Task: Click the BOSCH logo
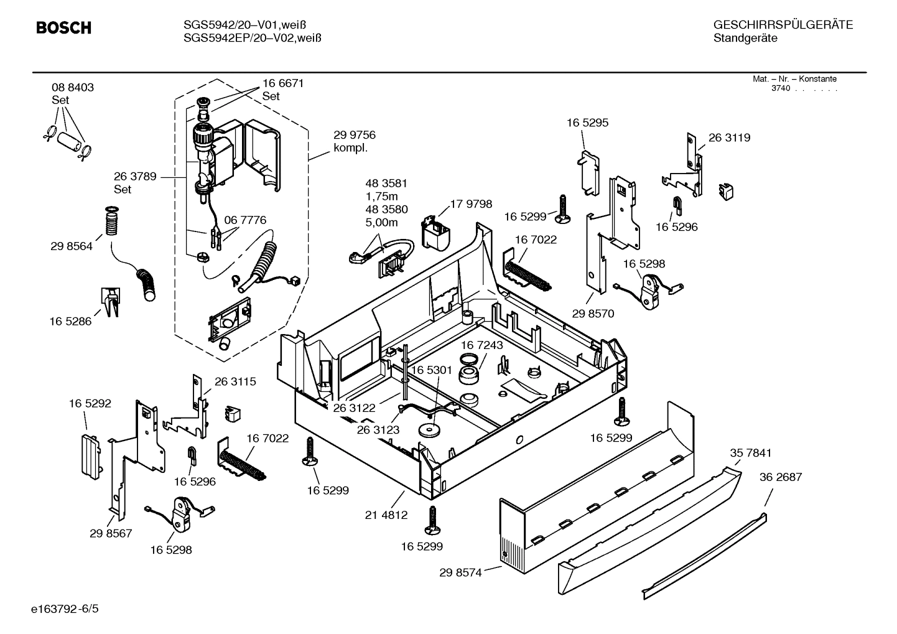pyautogui.click(x=63, y=28)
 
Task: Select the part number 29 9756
pyautogui.click(x=354, y=135)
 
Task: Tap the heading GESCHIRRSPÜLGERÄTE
pyautogui.click(x=783, y=25)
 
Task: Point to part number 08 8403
pyautogui.click(x=73, y=88)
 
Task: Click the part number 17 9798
pyautogui.click(x=471, y=204)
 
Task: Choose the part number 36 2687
pyautogui.click(x=780, y=477)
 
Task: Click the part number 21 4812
pyautogui.click(x=386, y=515)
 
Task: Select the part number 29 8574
pyautogui.click(x=460, y=572)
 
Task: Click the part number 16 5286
pyautogui.click(x=70, y=321)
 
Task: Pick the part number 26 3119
pyautogui.click(x=729, y=138)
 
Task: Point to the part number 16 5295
pyautogui.click(x=587, y=123)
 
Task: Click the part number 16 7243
pyautogui.click(x=482, y=345)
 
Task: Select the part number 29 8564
pyautogui.click(x=72, y=246)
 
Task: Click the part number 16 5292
pyautogui.click(x=90, y=403)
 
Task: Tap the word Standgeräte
pyautogui.click(x=745, y=39)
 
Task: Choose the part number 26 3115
pyautogui.click(x=235, y=381)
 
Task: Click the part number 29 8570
pyautogui.click(x=593, y=314)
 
